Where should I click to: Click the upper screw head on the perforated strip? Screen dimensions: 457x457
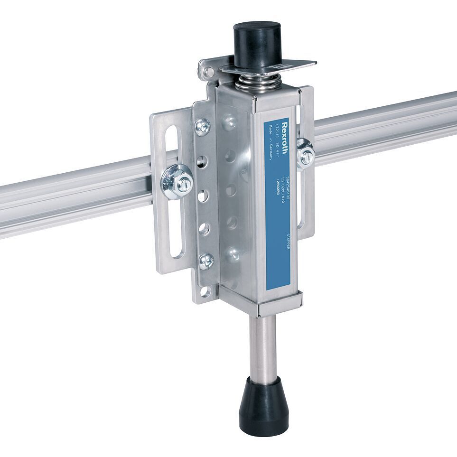point(203,126)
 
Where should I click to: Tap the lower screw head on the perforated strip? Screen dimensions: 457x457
point(206,261)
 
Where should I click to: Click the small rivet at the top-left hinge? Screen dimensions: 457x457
point(208,72)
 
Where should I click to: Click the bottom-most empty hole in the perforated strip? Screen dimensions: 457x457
point(205,291)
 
